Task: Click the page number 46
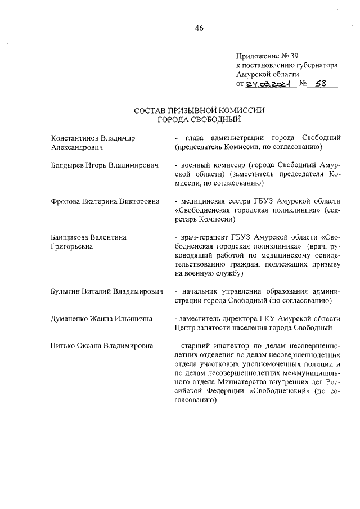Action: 199,29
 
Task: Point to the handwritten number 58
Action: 320,84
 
